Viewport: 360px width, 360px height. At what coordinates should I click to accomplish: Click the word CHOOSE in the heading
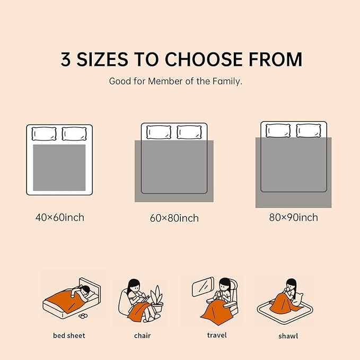204,59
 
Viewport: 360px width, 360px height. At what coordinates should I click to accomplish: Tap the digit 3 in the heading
65,59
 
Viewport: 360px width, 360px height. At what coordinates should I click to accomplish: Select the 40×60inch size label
60,217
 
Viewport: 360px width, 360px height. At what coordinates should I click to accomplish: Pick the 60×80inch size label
174,218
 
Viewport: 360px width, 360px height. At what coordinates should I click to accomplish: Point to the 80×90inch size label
293,217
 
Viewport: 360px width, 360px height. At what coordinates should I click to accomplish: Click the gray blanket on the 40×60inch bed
59,168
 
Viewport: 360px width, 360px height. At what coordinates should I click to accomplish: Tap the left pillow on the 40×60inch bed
44,134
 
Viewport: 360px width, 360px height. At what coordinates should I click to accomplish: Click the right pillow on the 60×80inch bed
189,132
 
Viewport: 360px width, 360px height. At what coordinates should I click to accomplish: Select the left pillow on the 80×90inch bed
278,130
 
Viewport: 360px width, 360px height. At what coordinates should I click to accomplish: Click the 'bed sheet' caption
69,336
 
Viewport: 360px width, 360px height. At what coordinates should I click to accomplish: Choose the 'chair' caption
142,336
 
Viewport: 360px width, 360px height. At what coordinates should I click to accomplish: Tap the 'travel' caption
217,335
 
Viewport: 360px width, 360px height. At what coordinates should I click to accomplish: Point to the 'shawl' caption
288,336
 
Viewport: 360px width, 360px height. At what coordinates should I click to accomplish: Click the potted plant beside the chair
157,298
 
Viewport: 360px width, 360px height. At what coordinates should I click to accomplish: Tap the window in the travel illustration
203,286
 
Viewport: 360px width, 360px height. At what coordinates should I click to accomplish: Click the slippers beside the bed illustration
83,316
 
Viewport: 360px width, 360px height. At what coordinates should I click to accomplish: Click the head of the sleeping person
85,291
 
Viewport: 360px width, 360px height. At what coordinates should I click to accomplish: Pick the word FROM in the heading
276,59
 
